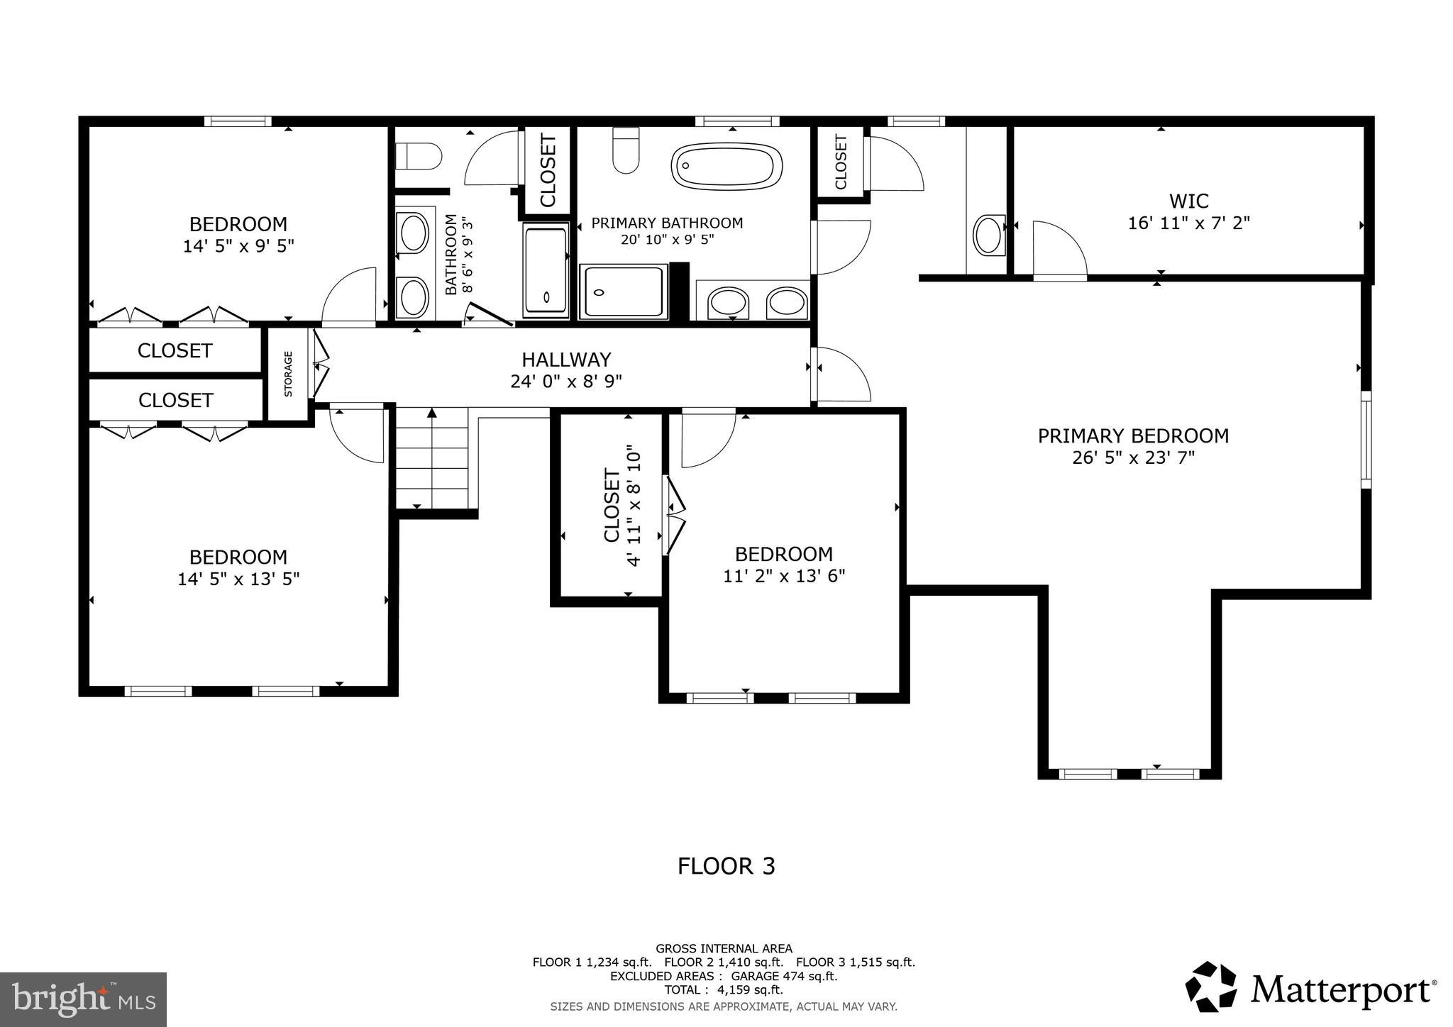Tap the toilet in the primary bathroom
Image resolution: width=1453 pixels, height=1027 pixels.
pos(626,150)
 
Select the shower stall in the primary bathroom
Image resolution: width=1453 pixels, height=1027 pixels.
pos(624,292)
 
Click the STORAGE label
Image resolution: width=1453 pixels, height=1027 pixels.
pos(288,374)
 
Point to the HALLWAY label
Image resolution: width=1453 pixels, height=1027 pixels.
pos(566,360)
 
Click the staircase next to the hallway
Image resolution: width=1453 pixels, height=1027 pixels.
pos(431,457)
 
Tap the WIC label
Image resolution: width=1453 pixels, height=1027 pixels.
pos(1188,201)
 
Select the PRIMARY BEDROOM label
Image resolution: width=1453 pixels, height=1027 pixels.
pos(1133,435)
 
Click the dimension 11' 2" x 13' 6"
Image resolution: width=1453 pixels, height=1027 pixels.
pos(784,576)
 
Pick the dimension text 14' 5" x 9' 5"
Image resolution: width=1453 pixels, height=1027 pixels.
pos(238,246)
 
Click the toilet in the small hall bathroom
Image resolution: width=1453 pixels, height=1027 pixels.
pos(419,155)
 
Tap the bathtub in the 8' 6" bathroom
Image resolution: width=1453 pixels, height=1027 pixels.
pos(546,270)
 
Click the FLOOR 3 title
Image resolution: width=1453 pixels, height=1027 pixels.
pos(726,866)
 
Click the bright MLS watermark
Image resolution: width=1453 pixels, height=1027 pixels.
pos(83,999)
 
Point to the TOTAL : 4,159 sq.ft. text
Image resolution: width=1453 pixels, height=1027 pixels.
pos(723,989)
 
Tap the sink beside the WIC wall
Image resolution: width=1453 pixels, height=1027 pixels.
pos(989,235)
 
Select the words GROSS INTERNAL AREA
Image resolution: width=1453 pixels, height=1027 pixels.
pos(724,948)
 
